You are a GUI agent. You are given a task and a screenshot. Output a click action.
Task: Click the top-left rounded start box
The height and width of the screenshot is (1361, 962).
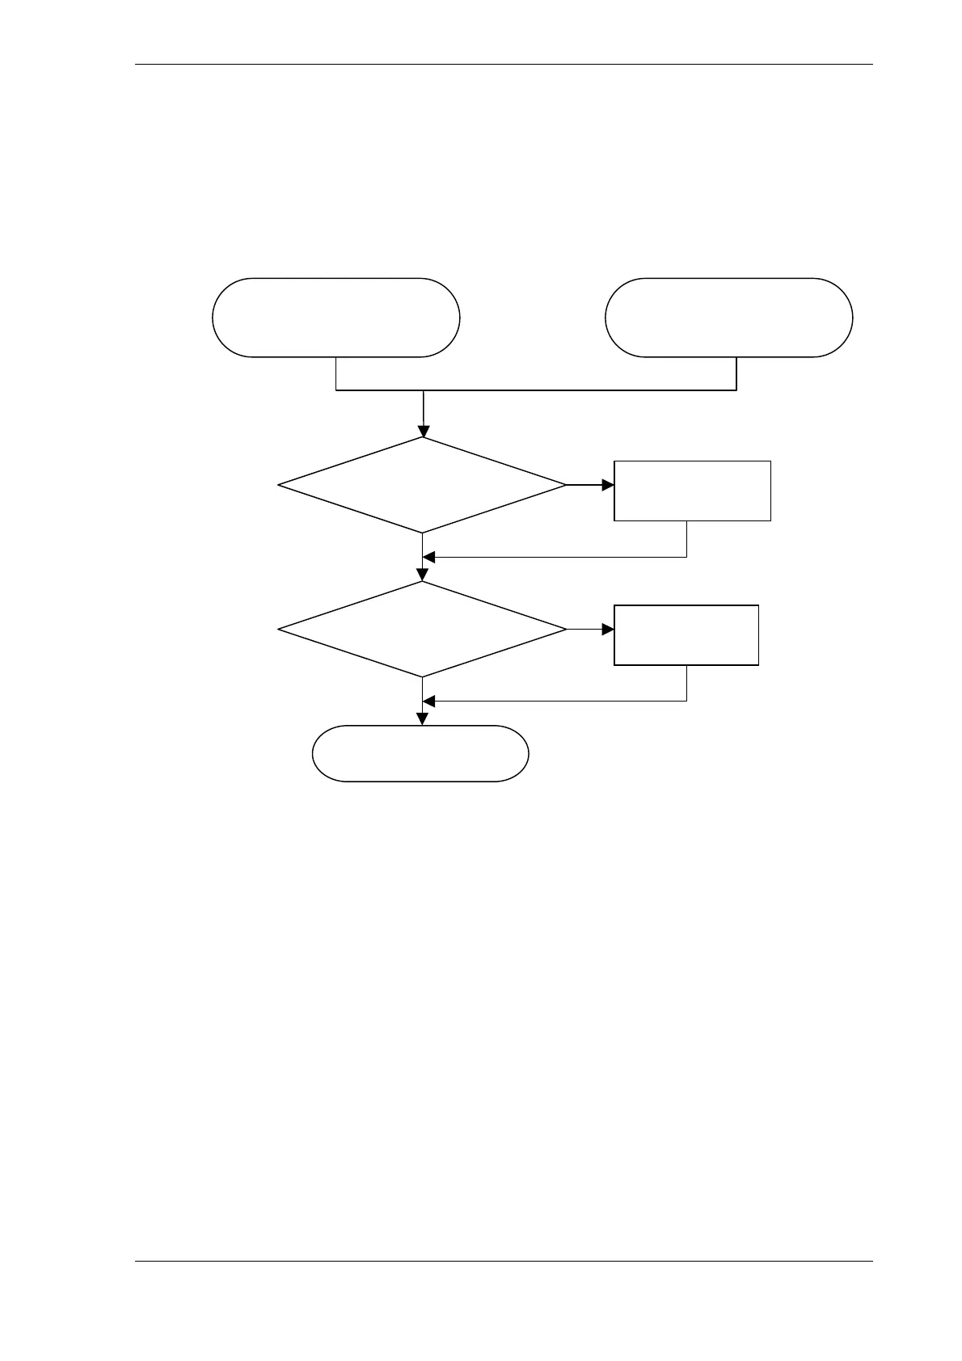click(x=335, y=317)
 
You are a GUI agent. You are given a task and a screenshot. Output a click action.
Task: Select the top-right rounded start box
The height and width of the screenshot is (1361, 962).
click(x=728, y=317)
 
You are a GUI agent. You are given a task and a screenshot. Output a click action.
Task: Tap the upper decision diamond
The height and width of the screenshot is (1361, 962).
click(x=422, y=485)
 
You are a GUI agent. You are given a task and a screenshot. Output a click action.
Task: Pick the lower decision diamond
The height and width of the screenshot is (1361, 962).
click(x=422, y=629)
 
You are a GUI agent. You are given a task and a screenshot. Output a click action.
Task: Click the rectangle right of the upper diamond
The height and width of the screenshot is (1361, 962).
click(x=692, y=491)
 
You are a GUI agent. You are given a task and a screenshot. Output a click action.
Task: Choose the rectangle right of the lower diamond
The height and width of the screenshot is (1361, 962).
click(x=686, y=634)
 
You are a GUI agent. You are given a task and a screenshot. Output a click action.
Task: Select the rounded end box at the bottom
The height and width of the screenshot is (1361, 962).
click(x=420, y=753)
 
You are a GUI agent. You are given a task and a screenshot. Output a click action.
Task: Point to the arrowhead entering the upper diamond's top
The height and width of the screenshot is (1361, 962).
click(x=423, y=432)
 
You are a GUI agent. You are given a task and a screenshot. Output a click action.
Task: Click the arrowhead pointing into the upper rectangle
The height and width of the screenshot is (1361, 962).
click(x=607, y=485)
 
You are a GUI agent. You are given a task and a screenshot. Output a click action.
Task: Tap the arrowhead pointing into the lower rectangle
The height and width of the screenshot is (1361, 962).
click(x=607, y=629)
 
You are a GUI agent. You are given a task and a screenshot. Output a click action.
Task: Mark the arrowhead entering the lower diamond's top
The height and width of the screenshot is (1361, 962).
click(x=423, y=575)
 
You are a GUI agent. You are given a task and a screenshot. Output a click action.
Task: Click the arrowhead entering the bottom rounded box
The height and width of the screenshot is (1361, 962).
click(x=423, y=719)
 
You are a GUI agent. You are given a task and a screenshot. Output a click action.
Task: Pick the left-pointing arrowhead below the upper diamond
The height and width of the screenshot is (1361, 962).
click(x=429, y=557)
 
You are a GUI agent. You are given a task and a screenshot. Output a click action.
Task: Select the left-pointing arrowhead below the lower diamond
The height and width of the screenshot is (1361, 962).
click(x=429, y=700)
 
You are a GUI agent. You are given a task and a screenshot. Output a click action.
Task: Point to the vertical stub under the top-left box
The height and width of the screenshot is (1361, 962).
click(x=335, y=373)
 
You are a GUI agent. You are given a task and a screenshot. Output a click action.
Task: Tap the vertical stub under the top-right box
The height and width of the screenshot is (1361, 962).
click(x=736, y=373)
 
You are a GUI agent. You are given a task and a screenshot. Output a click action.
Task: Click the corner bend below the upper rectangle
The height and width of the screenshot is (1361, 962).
click(x=686, y=557)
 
